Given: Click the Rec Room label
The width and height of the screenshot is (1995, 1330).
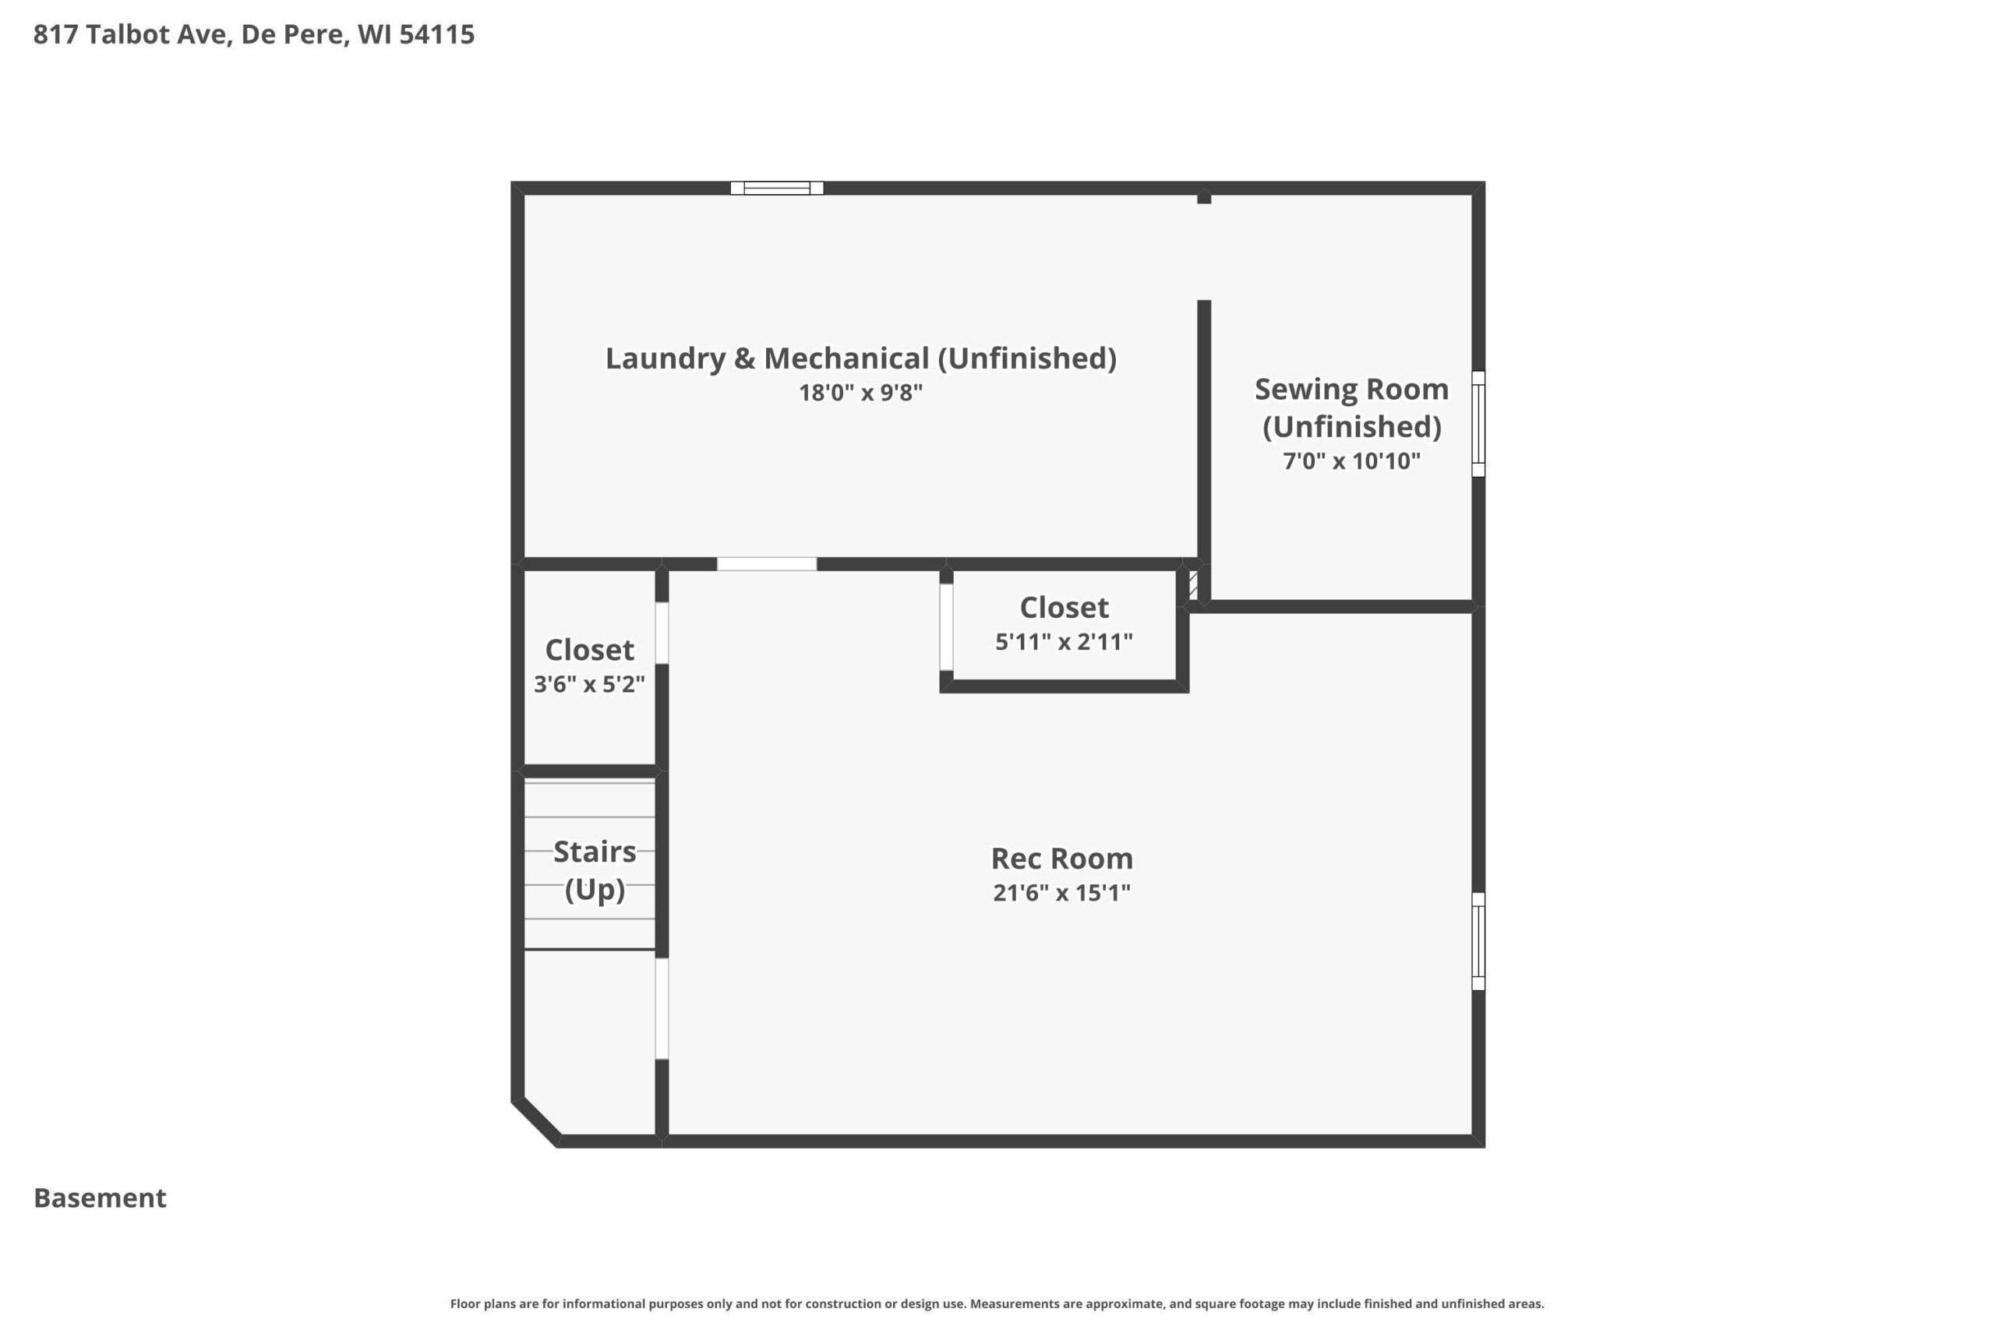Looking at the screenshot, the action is click(1062, 859).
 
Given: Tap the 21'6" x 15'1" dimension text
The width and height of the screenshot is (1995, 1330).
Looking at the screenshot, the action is click(1062, 892).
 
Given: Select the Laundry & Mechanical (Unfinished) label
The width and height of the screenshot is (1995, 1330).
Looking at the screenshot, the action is click(861, 358).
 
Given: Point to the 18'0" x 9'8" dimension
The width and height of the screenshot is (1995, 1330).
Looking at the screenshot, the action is click(861, 393).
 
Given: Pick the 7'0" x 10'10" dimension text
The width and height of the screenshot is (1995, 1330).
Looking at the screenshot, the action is click(1352, 460).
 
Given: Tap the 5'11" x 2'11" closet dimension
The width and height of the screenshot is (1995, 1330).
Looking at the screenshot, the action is click(1064, 641).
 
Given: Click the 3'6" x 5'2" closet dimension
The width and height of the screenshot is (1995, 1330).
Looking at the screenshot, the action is click(589, 683).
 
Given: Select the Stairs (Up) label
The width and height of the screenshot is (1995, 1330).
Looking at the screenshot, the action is click(595, 870).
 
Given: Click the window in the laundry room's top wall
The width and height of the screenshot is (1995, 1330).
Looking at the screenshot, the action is click(777, 189).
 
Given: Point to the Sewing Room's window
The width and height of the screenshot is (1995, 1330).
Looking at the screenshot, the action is click(1478, 423).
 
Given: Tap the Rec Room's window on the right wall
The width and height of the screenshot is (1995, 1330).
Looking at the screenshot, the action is click(1478, 941).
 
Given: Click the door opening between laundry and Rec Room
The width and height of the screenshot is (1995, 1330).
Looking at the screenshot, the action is click(767, 564).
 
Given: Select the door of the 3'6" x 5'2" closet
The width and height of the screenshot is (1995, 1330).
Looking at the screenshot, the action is click(662, 633).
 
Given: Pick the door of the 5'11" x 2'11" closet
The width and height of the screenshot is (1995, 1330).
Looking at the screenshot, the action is click(947, 627).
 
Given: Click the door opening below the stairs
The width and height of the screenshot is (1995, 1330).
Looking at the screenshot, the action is click(662, 1008).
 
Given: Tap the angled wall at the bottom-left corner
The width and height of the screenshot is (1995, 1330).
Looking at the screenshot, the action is click(536, 1122).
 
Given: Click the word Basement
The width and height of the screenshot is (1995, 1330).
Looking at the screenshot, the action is click(100, 1198).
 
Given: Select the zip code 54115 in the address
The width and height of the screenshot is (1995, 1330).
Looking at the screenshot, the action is click(437, 34).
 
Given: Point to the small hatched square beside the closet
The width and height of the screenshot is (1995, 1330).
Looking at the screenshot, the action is click(1193, 584).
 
